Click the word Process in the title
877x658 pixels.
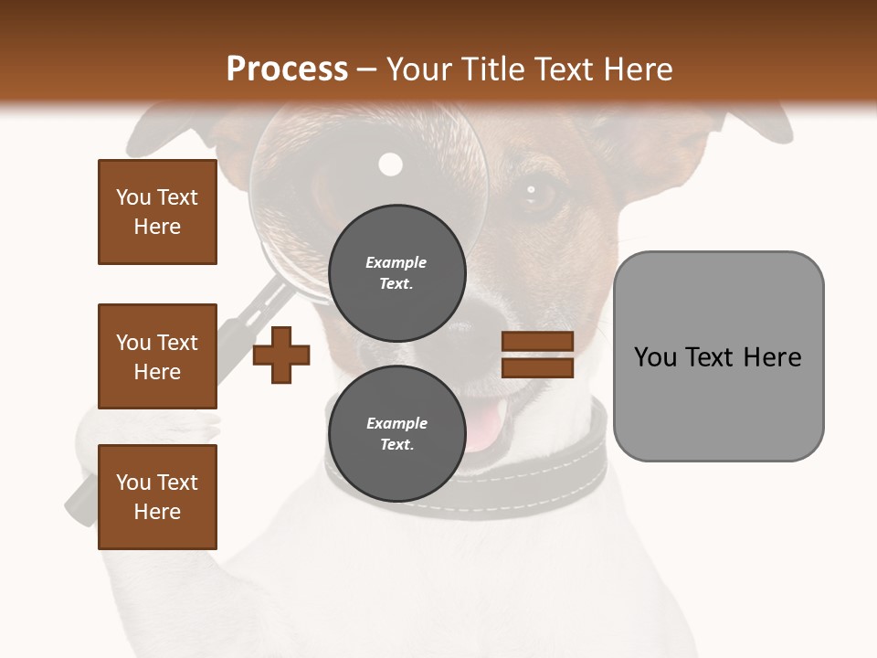point(287,69)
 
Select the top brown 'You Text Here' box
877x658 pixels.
point(157,212)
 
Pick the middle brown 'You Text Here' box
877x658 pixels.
point(157,356)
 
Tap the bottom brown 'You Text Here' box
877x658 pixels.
point(157,496)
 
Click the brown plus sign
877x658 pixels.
point(281,356)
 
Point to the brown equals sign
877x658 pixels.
point(537,355)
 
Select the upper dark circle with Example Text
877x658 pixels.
point(396,272)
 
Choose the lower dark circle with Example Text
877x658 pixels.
point(396,433)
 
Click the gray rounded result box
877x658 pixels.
point(718,356)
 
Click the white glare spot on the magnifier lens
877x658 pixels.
point(391,164)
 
